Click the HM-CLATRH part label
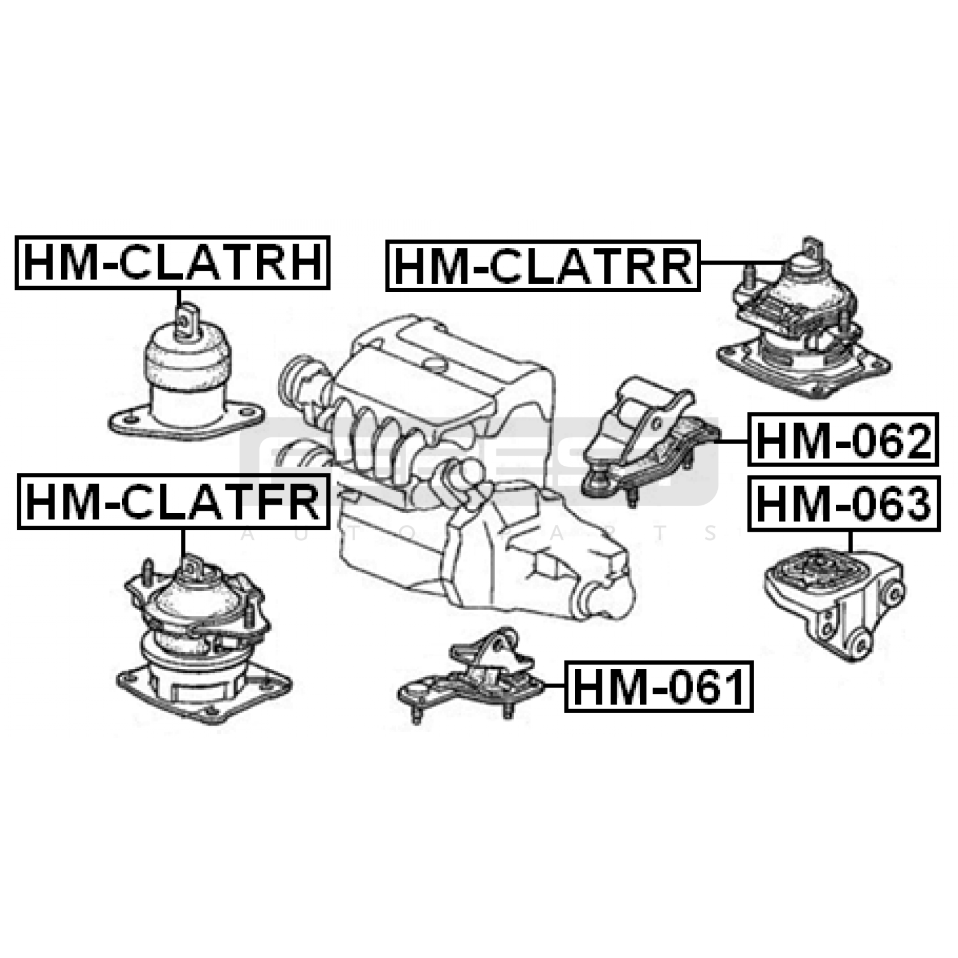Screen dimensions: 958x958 coord(172,263)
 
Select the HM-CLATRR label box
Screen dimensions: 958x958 coord(542,265)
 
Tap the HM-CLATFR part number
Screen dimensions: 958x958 coord(173,501)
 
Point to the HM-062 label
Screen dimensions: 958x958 coord(842,439)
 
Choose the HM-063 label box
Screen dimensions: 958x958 coord(844,503)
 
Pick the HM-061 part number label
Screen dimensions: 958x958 coord(659,686)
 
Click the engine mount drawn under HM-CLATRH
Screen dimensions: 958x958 coord(186,383)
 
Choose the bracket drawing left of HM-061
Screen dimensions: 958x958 coord(473,677)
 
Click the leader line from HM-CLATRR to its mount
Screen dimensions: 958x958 coord(742,263)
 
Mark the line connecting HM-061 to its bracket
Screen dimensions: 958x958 coord(554,686)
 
